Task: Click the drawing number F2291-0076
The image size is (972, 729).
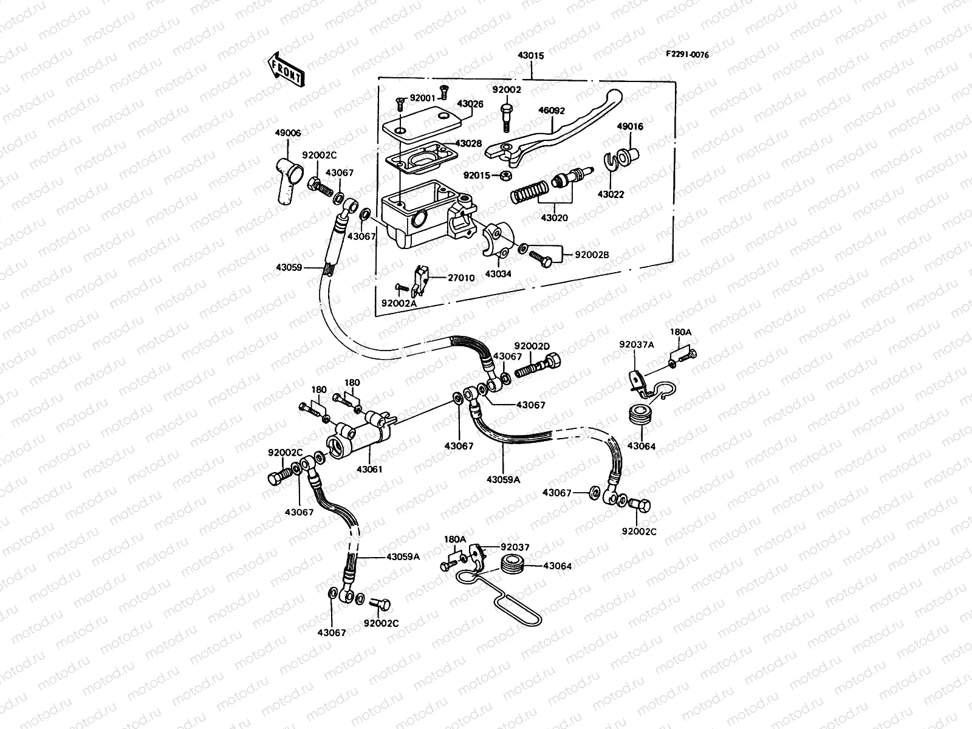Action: pos(686,54)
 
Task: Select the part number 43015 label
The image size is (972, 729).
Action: pos(530,55)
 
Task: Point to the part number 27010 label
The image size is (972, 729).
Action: pos(461,278)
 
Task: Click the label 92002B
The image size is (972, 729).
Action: pos(594,255)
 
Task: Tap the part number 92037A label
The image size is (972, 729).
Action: pos(636,344)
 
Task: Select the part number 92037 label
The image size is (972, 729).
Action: pos(515,547)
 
